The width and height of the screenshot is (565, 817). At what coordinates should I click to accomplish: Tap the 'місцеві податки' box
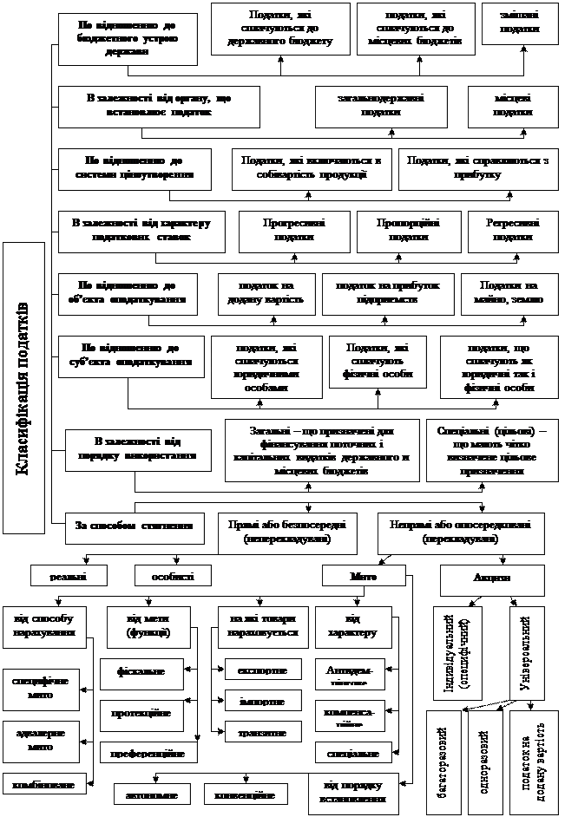(x=513, y=105)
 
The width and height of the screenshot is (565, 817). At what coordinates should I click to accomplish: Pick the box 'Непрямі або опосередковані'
(x=460, y=533)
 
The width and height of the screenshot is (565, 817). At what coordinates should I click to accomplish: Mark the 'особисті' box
(x=172, y=575)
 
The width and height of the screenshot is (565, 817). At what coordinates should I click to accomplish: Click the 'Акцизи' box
(x=491, y=579)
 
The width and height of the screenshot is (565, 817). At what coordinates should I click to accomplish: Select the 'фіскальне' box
(x=141, y=671)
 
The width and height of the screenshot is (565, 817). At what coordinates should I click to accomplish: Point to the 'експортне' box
(x=262, y=670)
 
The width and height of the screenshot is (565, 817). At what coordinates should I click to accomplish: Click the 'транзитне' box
(x=262, y=733)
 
